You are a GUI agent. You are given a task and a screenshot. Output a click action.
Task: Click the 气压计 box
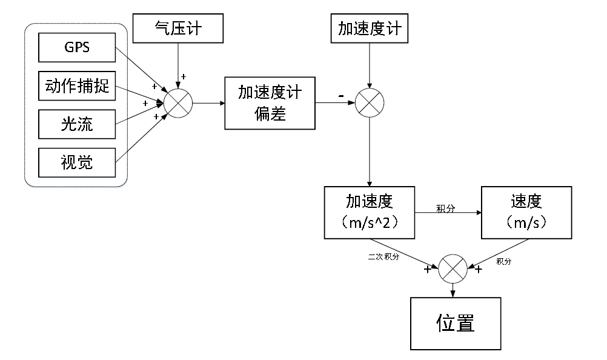tap(178, 28)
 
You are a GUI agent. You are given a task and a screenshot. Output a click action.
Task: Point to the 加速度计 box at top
tap(370, 28)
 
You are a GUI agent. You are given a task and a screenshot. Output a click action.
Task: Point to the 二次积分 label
tap(383, 258)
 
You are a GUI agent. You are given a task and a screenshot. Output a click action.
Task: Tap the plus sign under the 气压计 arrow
tap(184, 77)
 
